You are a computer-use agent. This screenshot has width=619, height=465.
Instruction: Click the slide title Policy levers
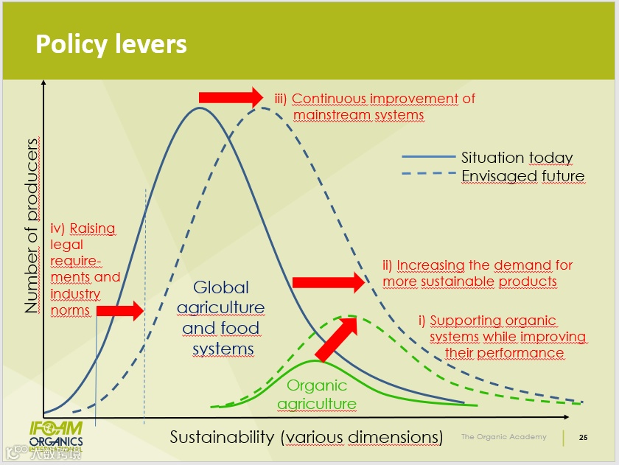[111, 44]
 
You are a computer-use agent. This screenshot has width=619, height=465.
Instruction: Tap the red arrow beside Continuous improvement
[231, 97]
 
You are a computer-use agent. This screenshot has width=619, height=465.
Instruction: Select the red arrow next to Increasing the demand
[329, 282]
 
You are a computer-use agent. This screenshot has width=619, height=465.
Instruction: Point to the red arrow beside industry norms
[119, 311]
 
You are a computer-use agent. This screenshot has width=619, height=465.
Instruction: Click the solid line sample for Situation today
[428, 157]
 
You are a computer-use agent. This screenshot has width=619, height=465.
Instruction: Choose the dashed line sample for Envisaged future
[428, 175]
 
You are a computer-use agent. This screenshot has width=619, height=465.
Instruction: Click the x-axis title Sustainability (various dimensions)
[306, 436]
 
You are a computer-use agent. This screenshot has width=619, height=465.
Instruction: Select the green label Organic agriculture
[317, 394]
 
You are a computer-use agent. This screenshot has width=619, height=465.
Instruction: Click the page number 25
[584, 437]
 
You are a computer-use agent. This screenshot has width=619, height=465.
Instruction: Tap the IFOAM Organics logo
[55, 434]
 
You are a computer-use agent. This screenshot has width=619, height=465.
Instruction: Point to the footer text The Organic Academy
[504, 437]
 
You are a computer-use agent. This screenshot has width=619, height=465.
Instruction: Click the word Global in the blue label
[221, 287]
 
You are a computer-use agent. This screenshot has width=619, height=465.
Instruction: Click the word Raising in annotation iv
[93, 228]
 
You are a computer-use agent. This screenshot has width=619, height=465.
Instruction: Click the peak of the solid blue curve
[199, 108]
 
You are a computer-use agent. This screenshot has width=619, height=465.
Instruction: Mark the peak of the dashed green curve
[351, 316]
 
